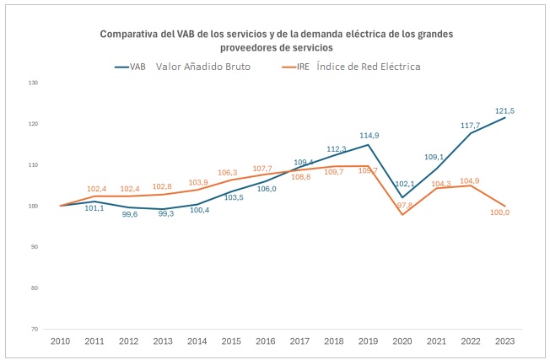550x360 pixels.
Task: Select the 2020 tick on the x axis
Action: point(402,341)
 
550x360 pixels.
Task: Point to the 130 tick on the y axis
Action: point(33,83)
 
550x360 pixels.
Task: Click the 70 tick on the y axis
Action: point(35,329)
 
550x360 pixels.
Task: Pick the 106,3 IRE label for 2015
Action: point(229,172)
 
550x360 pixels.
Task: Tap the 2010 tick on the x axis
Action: point(60,341)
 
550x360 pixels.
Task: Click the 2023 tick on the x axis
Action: point(506,341)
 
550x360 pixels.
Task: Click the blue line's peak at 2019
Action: point(369,145)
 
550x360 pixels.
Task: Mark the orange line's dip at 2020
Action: point(402,214)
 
